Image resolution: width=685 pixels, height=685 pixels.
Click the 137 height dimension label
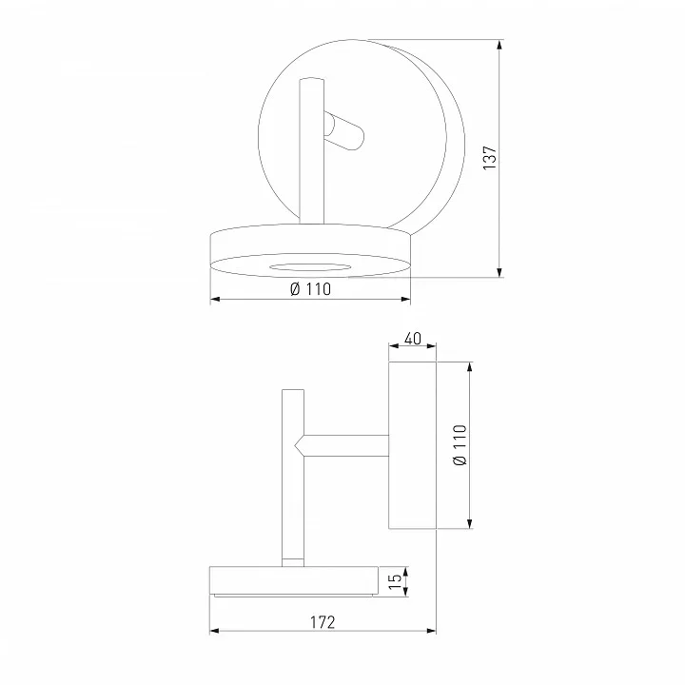pyautogui.click(x=490, y=158)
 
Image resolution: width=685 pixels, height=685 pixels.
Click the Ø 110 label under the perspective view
pyautogui.click(x=310, y=289)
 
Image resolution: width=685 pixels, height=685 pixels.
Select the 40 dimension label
pyautogui.click(x=412, y=339)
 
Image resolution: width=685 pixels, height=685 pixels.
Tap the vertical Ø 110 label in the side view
pyautogui.click(x=460, y=444)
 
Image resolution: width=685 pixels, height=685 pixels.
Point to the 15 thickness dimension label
pyautogui.click(x=395, y=581)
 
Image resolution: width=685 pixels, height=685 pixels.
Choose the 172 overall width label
pyautogui.click(x=323, y=622)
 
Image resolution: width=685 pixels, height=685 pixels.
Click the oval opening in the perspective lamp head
pyautogui.click(x=310, y=267)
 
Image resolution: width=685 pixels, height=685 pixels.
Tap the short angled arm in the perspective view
pyautogui.click(x=343, y=131)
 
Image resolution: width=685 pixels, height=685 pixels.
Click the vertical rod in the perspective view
pyautogui.click(x=311, y=150)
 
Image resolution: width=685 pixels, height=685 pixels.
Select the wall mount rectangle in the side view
pyautogui.click(x=412, y=445)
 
